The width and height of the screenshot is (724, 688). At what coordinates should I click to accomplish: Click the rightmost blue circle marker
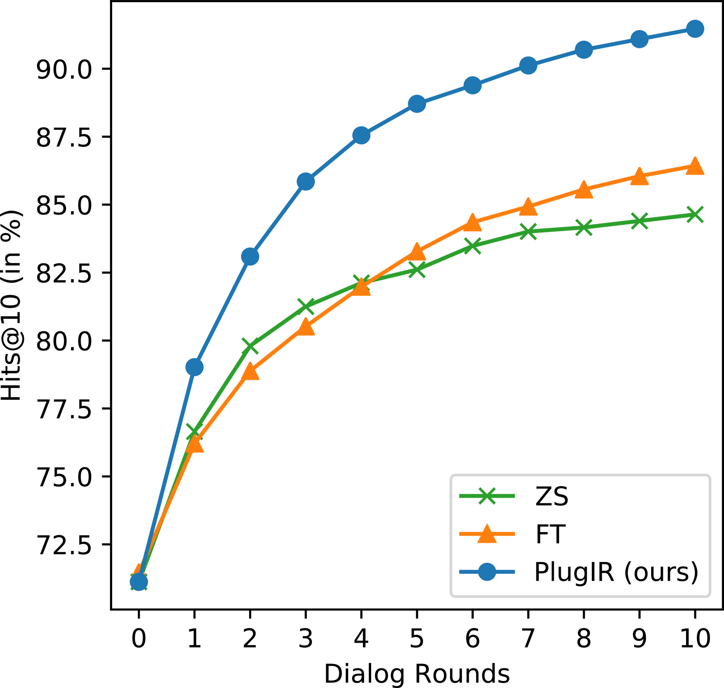pyautogui.click(x=695, y=29)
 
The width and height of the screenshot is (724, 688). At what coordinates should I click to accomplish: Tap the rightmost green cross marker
pyautogui.click(x=695, y=215)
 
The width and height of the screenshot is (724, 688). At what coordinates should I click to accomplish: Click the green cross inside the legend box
pyautogui.click(x=487, y=496)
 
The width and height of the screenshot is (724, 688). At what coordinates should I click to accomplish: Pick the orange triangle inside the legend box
pyautogui.click(x=487, y=534)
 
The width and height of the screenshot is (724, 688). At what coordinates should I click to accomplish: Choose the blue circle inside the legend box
pyautogui.click(x=487, y=572)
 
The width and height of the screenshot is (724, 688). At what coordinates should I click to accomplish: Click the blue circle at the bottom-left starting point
pyautogui.click(x=139, y=582)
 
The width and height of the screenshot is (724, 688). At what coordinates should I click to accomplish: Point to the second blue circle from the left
pyautogui.click(x=195, y=367)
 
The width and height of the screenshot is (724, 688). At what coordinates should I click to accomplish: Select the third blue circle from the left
pyautogui.click(x=250, y=256)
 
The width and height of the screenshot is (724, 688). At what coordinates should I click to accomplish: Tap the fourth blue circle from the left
pyautogui.click(x=306, y=181)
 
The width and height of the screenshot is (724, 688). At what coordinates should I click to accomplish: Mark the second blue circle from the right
pyautogui.click(x=639, y=39)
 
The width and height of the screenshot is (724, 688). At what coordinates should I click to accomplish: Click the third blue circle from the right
pyautogui.click(x=584, y=50)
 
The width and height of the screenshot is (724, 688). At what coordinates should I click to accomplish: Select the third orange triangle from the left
pyautogui.click(x=250, y=372)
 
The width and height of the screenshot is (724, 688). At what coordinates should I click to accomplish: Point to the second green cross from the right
pyautogui.click(x=639, y=221)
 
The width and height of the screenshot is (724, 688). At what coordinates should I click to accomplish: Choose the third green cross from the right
pyautogui.click(x=584, y=227)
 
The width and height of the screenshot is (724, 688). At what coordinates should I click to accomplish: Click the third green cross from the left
pyautogui.click(x=250, y=346)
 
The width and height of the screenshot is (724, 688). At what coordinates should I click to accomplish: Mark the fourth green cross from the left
pyautogui.click(x=306, y=306)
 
